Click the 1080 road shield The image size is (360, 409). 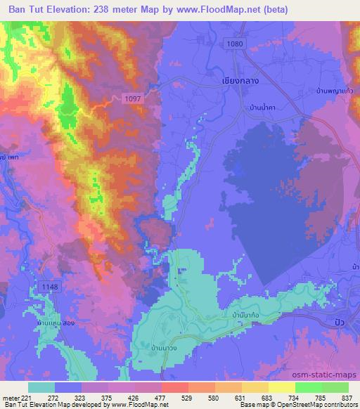click(235, 44)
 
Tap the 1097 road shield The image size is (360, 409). click(133, 100)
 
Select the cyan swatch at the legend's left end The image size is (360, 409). click(41, 387)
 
